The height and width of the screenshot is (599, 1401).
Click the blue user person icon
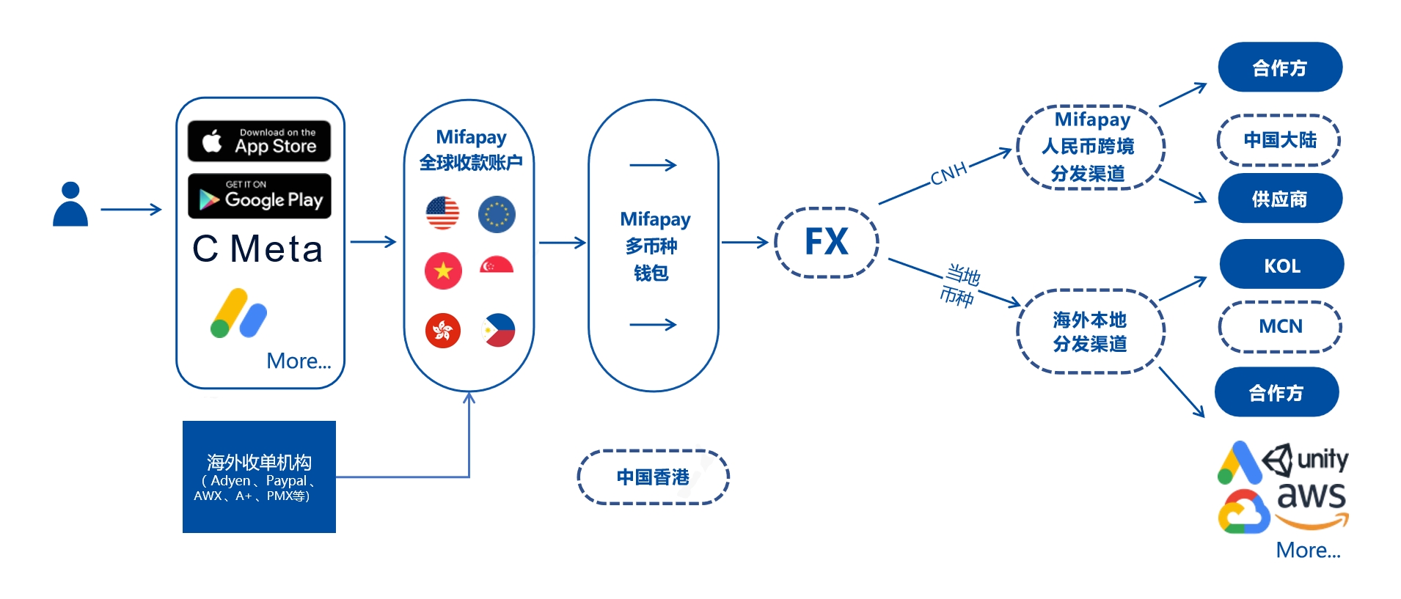tap(70, 205)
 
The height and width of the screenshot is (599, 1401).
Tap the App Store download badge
tap(259, 141)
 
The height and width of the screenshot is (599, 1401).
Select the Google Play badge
tap(259, 196)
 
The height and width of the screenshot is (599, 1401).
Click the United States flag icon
tap(442, 213)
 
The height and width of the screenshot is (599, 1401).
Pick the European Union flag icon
tap(497, 214)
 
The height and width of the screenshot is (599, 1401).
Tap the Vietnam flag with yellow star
tap(443, 271)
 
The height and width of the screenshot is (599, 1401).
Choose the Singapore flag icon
tap(497, 265)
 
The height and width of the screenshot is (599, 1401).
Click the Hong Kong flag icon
tap(443, 330)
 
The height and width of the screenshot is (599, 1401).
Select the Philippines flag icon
tap(499, 330)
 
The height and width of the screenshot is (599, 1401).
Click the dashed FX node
tap(827, 242)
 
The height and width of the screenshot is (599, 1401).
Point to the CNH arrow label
tap(948, 174)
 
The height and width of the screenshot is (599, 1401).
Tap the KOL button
tap(1281, 265)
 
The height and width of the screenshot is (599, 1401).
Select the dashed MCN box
tap(1280, 326)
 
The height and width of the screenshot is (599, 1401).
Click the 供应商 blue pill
tap(1280, 199)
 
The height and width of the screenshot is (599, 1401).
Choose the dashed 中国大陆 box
tap(1279, 140)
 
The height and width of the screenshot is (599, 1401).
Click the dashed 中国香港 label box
tap(653, 477)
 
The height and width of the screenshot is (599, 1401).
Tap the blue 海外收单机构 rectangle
tap(259, 477)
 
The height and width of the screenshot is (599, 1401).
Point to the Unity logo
tap(1306, 460)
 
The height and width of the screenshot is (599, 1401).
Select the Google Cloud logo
tap(1244, 512)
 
